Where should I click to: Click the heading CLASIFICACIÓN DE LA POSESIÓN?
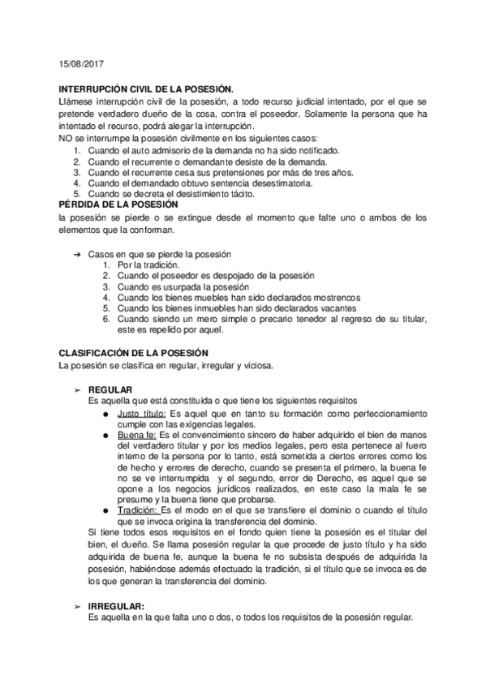[x=135, y=353]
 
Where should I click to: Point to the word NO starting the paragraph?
[x=67, y=138]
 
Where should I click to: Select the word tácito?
[x=241, y=195]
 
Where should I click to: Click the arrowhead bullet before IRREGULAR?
[x=78, y=606]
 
